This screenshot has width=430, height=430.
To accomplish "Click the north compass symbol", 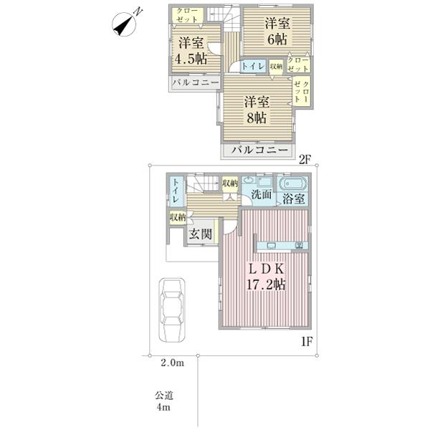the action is click(x=124, y=24).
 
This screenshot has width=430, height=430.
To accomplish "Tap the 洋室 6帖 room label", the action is click(x=277, y=32).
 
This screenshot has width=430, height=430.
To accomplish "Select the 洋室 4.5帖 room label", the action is click(x=191, y=51).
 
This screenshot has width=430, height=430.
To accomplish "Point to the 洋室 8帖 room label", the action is click(x=257, y=110).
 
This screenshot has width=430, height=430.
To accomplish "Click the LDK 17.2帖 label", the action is click(x=266, y=277).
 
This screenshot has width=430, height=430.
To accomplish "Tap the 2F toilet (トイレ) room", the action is click(x=253, y=66).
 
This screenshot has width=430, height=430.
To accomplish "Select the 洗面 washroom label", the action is click(x=262, y=195).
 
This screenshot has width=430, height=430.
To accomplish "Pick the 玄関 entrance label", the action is click(x=201, y=234).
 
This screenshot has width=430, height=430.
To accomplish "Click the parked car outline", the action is click(x=172, y=310).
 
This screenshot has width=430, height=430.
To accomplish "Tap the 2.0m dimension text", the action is click(x=172, y=363).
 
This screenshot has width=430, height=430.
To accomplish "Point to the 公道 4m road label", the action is click(x=164, y=401).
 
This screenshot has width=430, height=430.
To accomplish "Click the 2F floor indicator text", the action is click(x=305, y=160).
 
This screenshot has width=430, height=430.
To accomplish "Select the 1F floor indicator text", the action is click(x=307, y=341).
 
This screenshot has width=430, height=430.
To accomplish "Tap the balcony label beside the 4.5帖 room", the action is click(x=196, y=82).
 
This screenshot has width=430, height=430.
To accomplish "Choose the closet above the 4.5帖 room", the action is click(x=188, y=15).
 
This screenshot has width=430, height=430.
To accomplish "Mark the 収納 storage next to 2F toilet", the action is click(x=276, y=67).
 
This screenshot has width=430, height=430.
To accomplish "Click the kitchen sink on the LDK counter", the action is click(x=272, y=245).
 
